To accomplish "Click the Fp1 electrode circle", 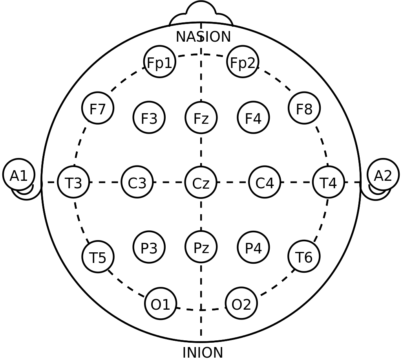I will click(160, 62).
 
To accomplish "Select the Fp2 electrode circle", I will click(243, 62).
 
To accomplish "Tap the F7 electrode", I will click(98, 108).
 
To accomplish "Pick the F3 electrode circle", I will click(149, 118).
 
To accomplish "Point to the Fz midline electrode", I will click(201, 118).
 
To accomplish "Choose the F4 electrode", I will click(253, 118).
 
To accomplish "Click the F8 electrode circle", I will click(304, 108).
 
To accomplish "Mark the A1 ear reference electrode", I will click(19, 174).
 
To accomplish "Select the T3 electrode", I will click(73, 182).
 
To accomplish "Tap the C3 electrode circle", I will click(137, 182).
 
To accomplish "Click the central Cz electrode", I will click(201, 182).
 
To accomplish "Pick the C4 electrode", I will click(265, 182).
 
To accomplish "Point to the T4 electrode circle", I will click(329, 182).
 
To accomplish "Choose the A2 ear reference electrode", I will click(383, 174).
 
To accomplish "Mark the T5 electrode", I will click(98, 257).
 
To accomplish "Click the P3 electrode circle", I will click(149, 247).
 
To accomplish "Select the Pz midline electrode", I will click(201, 247).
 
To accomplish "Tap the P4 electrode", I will click(253, 247).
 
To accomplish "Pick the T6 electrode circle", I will click(304, 256).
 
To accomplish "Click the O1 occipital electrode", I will click(161, 303).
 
